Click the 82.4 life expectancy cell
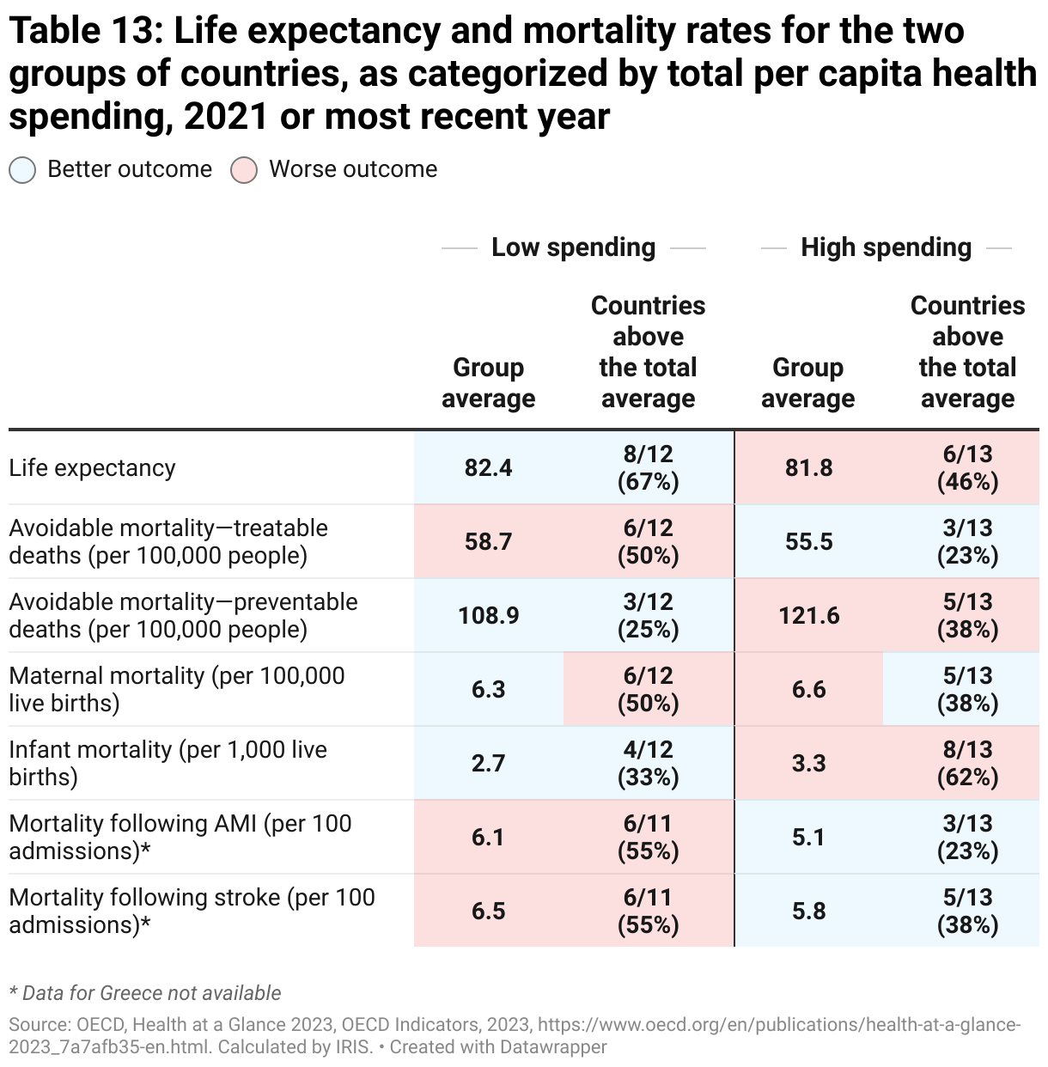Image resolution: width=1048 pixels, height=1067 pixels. (x=488, y=467)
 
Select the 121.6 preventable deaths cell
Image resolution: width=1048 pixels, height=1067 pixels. (x=808, y=615)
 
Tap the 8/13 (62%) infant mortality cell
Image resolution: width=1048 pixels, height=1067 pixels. (x=967, y=763)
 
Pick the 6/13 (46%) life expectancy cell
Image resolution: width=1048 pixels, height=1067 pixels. (x=967, y=467)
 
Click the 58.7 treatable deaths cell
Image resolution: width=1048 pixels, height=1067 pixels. (x=488, y=541)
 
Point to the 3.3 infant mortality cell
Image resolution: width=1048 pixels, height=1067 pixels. (x=808, y=763)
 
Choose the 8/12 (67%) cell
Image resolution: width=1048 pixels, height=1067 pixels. (x=648, y=467)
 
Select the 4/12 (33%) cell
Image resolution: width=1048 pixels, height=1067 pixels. (x=648, y=763)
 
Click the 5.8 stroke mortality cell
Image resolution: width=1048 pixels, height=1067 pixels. (x=808, y=911)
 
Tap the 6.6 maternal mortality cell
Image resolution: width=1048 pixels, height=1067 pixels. (x=808, y=689)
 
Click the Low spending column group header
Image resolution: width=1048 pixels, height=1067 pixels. (x=573, y=247)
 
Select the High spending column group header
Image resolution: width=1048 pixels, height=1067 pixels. (x=886, y=247)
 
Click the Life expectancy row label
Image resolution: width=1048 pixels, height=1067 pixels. (x=92, y=468)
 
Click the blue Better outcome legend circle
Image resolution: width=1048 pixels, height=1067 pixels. (x=22, y=170)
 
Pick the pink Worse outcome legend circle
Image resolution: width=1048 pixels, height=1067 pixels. (x=244, y=170)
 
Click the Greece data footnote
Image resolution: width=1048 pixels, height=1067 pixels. (x=145, y=993)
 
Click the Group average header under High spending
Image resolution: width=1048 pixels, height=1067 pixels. (x=807, y=383)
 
